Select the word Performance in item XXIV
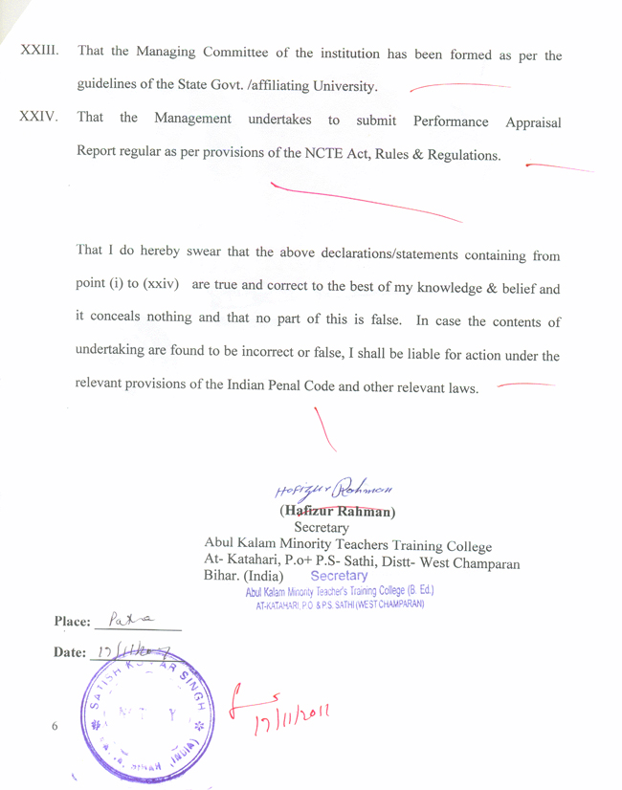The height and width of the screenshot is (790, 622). coord(451,121)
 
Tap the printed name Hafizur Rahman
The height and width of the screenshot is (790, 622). coord(339,510)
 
